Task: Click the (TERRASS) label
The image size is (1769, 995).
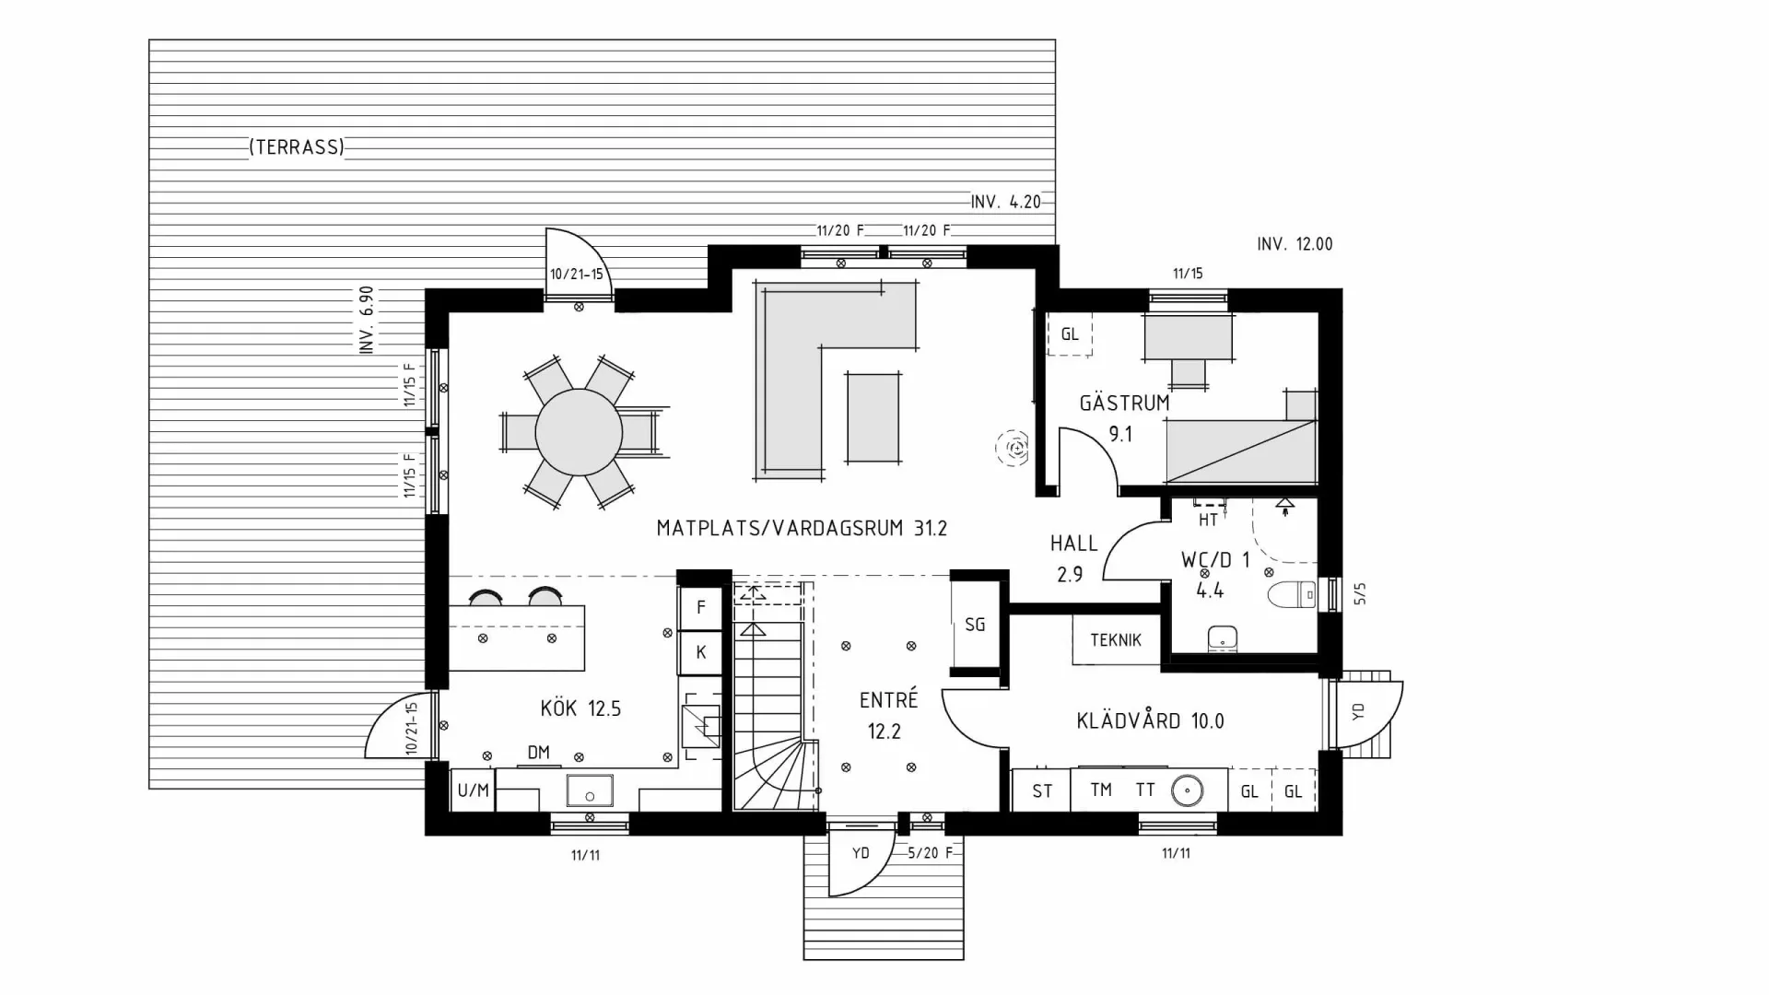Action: (296, 147)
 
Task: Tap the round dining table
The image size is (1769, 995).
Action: (579, 432)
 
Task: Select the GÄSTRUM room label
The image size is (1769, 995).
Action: (1124, 404)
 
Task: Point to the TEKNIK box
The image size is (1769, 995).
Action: (1116, 640)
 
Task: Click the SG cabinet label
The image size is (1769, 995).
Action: (975, 625)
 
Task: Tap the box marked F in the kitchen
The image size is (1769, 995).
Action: (701, 608)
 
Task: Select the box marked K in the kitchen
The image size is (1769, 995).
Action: (701, 652)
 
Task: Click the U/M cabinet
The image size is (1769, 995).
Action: (473, 790)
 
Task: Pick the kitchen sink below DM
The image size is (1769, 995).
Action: (589, 790)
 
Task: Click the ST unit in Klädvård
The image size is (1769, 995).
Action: (1042, 791)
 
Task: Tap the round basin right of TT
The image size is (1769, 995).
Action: (1188, 790)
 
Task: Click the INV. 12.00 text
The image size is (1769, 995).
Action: (1295, 244)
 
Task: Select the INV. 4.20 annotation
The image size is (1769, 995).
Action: (1005, 202)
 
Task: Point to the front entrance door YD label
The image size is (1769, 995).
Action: (861, 853)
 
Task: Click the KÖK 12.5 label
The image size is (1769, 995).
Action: (580, 708)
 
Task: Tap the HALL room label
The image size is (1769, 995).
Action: (1073, 544)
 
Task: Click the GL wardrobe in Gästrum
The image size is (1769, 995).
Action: (1069, 334)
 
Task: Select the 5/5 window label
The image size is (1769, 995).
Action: (1361, 594)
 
